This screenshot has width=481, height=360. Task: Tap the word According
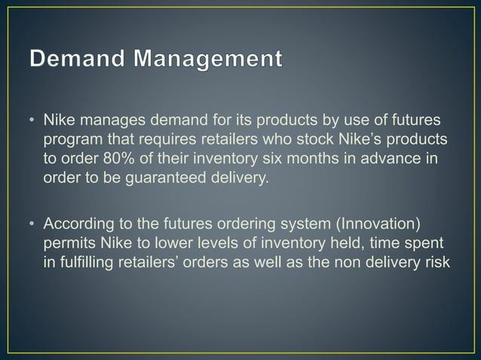(78, 226)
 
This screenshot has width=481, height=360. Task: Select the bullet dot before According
(32, 226)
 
